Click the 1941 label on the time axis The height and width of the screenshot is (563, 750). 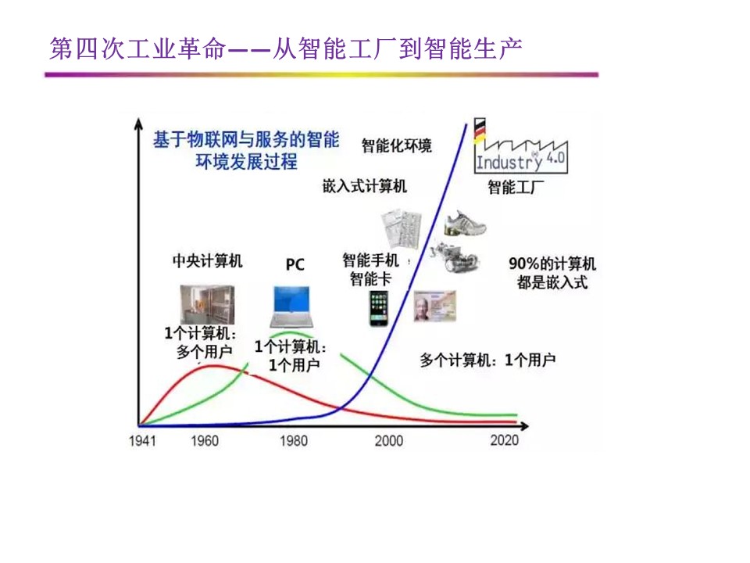(x=142, y=440)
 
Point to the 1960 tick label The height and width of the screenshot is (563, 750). (x=205, y=440)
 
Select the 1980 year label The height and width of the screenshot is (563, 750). (x=294, y=440)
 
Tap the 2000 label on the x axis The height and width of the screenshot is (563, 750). (x=389, y=440)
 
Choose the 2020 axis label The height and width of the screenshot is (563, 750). (x=504, y=440)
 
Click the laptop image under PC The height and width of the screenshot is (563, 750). (x=291, y=307)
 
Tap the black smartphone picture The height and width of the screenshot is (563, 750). (x=379, y=308)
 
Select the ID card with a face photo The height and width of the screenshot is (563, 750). (x=435, y=306)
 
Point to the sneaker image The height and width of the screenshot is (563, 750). (x=464, y=223)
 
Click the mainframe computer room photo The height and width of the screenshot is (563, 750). (x=207, y=304)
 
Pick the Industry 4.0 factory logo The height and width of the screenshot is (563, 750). (x=521, y=146)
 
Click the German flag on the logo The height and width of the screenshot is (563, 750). (x=479, y=131)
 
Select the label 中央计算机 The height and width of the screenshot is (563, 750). (x=208, y=261)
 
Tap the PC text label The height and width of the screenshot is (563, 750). (x=295, y=264)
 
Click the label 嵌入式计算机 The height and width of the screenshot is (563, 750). (x=365, y=186)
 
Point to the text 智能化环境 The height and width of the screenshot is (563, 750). (x=397, y=145)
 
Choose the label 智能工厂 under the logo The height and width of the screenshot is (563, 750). (x=516, y=187)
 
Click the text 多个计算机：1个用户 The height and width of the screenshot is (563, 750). (x=487, y=360)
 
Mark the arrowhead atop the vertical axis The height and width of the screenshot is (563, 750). (x=138, y=124)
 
